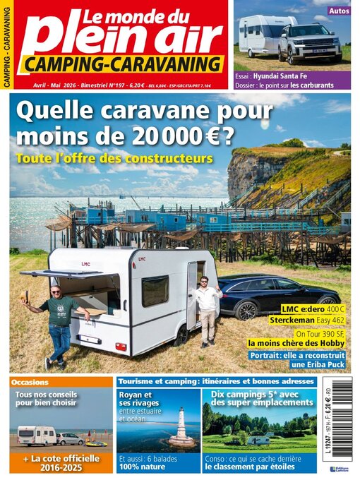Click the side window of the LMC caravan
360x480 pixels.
[x=155, y=290]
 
